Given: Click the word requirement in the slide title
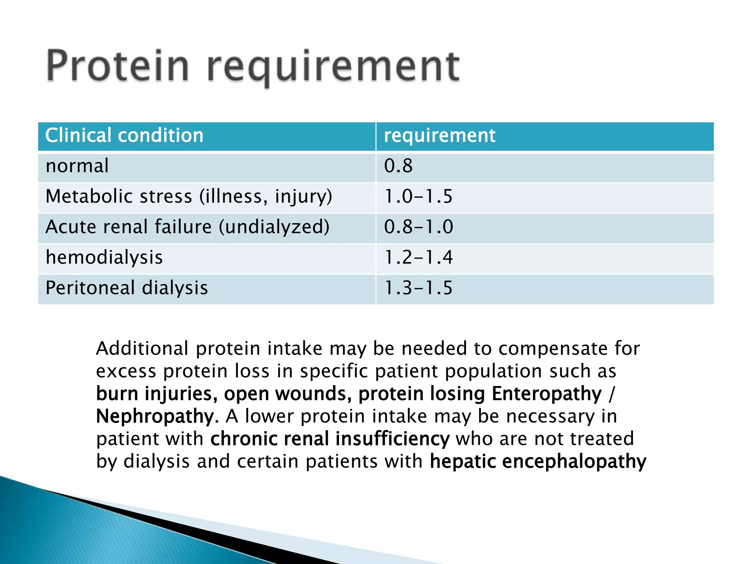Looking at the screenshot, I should (333, 68).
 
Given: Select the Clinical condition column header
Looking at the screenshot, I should (124, 135).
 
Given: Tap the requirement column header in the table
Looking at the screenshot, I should (440, 135).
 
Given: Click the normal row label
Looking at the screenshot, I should (77, 166).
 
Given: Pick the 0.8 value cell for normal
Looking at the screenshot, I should (398, 166).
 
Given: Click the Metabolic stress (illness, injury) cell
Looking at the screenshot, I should (189, 196).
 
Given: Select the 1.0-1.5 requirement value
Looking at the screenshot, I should (418, 196).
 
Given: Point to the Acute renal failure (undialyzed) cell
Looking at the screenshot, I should (187, 227).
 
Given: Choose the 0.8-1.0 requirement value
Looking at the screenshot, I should (419, 227).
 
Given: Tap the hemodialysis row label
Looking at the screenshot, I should (104, 257).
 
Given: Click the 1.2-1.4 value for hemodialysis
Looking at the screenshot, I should (418, 257).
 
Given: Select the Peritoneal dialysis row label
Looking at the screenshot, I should (127, 288).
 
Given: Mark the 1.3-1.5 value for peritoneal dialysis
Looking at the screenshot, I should (418, 288).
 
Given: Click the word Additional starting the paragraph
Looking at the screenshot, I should (142, 348).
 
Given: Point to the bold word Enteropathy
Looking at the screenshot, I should (547, 394).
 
